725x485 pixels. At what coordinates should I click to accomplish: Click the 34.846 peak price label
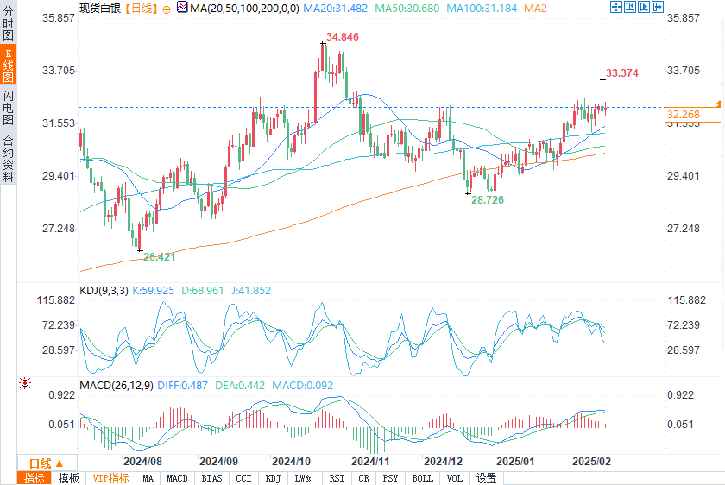[342, 37]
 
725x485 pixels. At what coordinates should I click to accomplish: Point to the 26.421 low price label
[160, 256]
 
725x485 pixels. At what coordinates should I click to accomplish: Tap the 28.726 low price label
[487, 199]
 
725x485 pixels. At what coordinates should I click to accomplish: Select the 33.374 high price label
[621, 73]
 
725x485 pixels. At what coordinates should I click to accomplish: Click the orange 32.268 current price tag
[683, 114]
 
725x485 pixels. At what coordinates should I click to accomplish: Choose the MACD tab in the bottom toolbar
[177, 478]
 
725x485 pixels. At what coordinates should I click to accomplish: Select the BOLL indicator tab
[422, 478]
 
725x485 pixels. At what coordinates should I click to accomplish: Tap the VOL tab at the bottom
[454, 478]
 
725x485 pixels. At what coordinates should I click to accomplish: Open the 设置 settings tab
[486, 478]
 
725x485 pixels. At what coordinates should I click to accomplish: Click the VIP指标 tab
[110, 478]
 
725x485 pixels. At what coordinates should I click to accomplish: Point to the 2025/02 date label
[592, 462]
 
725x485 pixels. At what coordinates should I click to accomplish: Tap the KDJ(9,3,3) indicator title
[104, 291]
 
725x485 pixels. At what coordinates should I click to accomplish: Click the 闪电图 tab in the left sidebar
[9, 107]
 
